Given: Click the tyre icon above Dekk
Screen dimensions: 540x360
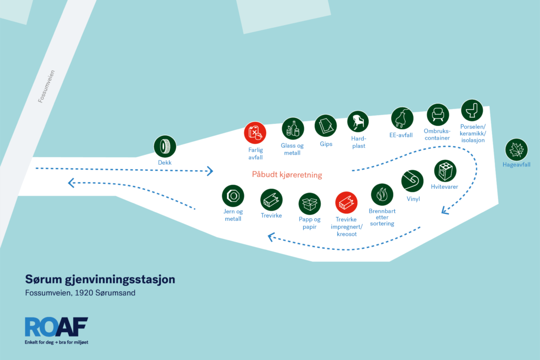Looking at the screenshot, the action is coord(165,146).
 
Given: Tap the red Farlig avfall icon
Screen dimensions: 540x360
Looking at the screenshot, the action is coord(255,133).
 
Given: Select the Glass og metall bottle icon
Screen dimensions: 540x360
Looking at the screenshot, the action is coord(293,129).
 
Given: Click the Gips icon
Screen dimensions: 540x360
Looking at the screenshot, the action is coord(326,126).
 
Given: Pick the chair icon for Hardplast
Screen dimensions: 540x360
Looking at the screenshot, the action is coord(358,122).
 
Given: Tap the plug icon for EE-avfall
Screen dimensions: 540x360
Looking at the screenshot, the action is coord(402,118).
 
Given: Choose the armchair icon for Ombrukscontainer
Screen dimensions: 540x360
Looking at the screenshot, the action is coord(437,115).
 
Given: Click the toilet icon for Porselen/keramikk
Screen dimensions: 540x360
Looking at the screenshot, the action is coord(472,111).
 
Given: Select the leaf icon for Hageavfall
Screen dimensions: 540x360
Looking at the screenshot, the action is coord(516,149).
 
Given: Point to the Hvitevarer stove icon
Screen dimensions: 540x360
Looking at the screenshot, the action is coord(445,171).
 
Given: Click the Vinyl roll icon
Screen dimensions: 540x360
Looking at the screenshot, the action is coord(412,181).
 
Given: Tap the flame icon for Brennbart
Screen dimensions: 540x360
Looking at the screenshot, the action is coord(382,195).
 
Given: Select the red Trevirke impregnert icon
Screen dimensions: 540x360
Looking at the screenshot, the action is coord(346,202).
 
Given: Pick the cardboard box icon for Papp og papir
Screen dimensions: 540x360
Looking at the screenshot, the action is coord(310,203).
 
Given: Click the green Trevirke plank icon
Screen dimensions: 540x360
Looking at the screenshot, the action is coord(272,200).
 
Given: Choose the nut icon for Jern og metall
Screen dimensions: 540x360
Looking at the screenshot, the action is coord(233,196).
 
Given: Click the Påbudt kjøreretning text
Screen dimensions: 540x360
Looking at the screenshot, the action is coord(287,175).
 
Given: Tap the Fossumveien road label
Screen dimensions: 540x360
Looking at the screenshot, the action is coord(46,87).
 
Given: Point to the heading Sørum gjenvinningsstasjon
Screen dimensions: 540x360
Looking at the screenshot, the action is coord(100,279).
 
